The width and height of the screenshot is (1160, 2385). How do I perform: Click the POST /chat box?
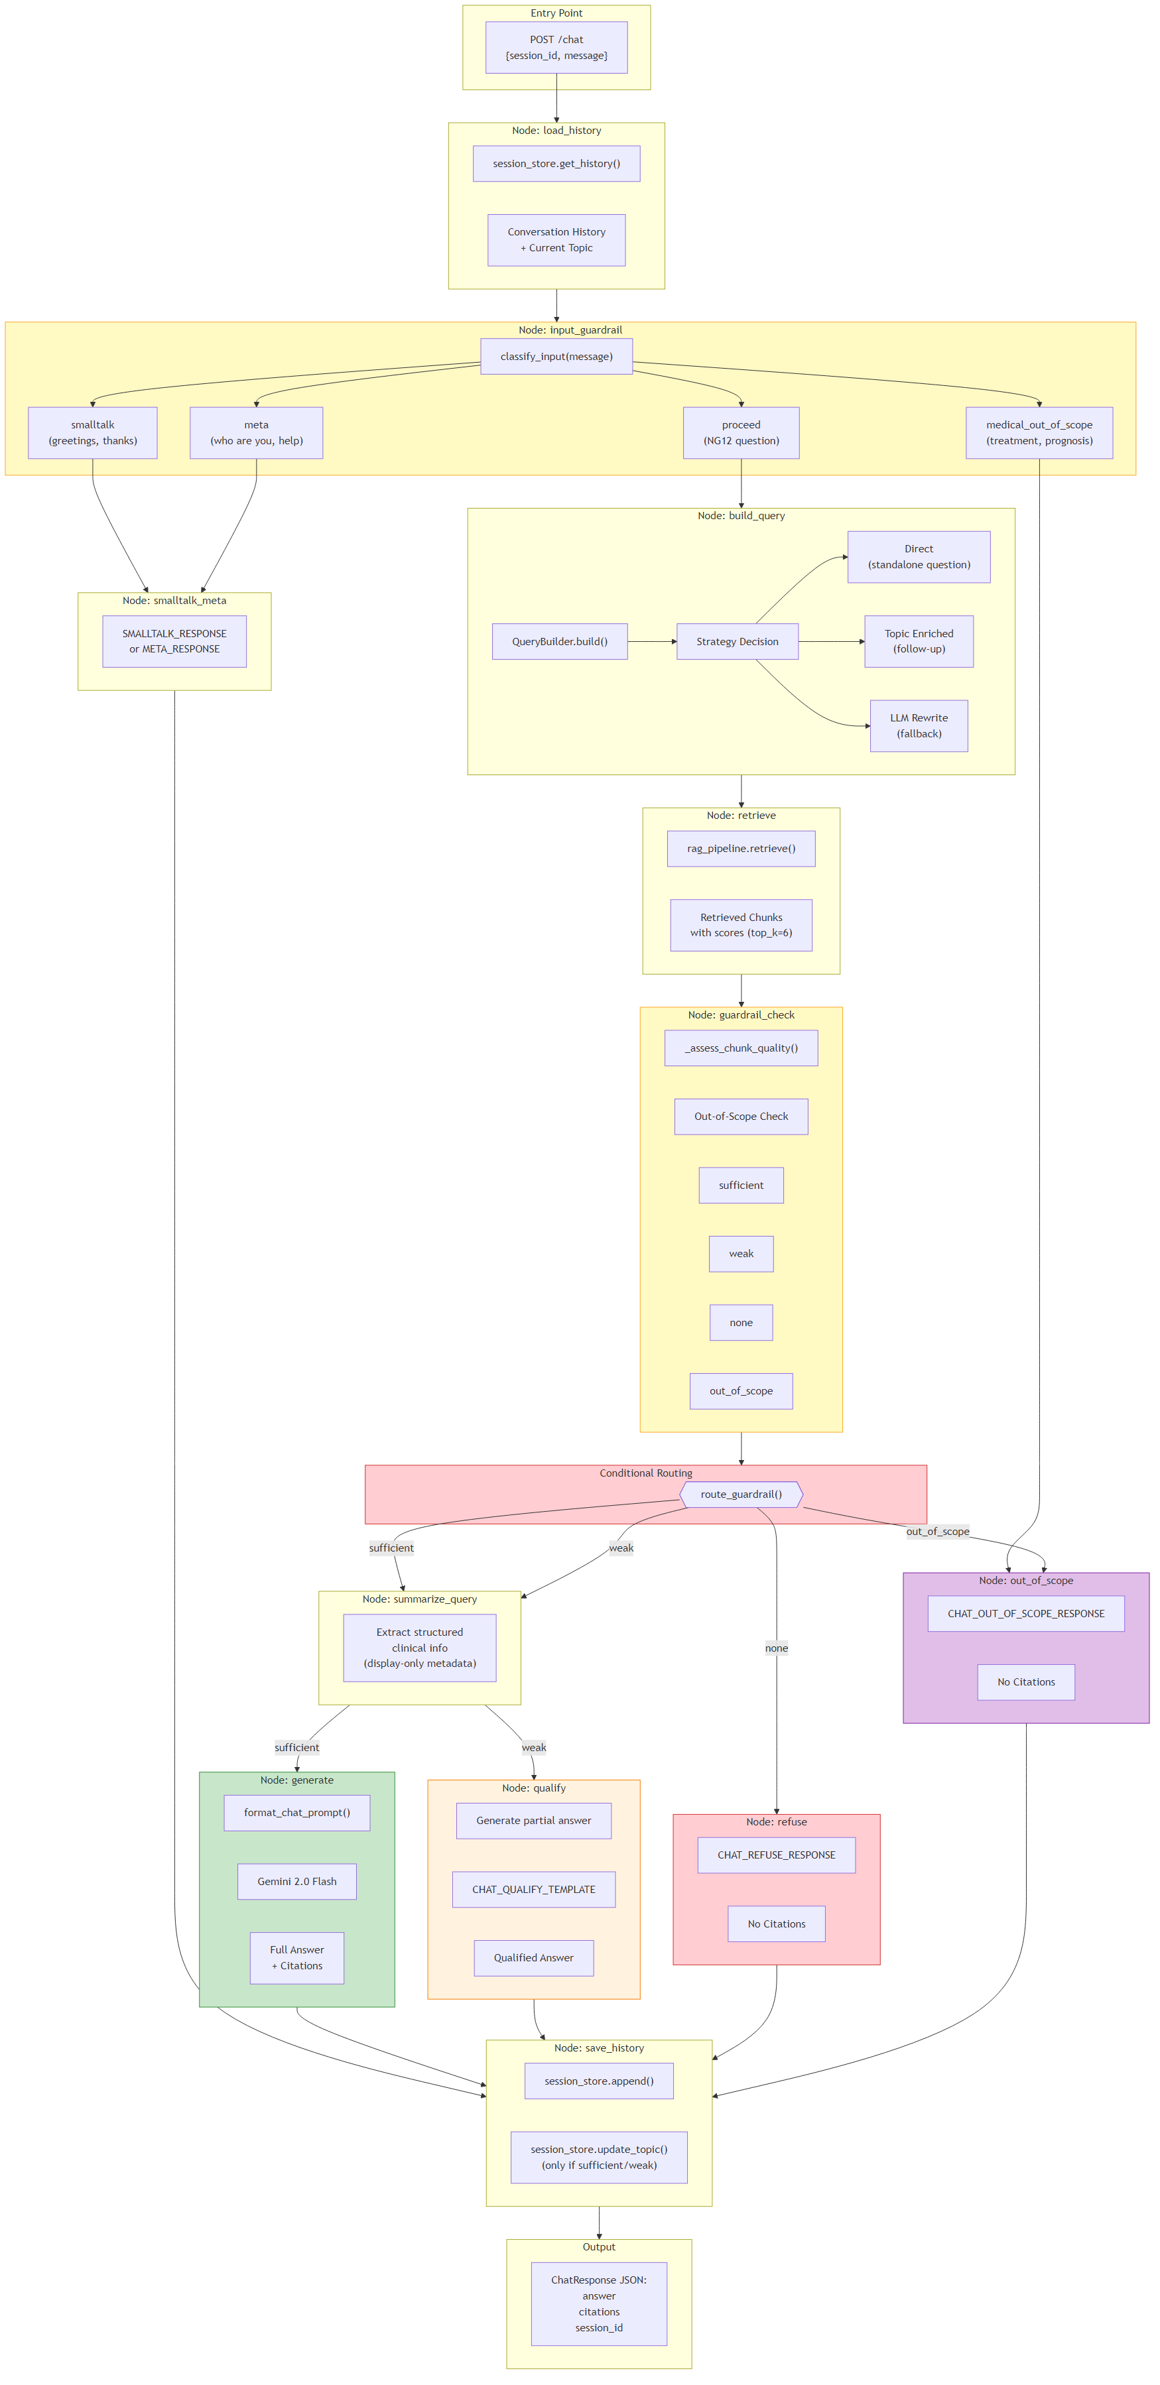(x=556, y=47)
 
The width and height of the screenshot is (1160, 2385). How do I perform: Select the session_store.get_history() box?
(x=556, y=164)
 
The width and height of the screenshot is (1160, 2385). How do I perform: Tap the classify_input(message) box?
(x=556, y=357)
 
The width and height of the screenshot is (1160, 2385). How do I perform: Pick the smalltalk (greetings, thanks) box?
(x=93, y=432)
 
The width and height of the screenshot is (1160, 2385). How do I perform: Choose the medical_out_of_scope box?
(x=1039, y=432)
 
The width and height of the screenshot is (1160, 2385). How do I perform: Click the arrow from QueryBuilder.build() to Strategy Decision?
(x=652, y=642)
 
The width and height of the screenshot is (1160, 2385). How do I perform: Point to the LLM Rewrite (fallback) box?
(x=919, y=726)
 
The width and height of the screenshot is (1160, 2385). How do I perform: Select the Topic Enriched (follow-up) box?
(x=919, y=642)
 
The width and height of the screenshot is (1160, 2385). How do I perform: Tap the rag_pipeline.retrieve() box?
(x=741, y=848)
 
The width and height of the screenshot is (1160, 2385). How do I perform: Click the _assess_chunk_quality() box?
(x=741, y=1048)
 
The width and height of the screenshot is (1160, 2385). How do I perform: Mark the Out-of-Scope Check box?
(x=741, y=1117)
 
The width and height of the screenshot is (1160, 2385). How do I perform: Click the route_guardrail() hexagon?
(x=741, y=1495)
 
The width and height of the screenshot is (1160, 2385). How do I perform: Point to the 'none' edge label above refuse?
(x=777, y=1648)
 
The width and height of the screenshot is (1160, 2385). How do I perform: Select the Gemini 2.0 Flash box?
(x=296, y=1881)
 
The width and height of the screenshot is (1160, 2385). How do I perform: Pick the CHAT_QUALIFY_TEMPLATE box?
(x=533, y=1890)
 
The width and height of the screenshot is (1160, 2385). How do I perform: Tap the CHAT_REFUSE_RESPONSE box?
(x=776, y=1855)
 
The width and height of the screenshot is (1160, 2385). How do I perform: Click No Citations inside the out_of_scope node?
(x=1026, y=1682)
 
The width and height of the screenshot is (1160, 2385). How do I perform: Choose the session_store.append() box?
(x=598, y=2081)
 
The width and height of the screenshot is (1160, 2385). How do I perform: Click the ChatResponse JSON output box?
(x=598, y=2303)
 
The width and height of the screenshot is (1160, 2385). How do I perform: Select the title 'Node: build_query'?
(x=741, y=516)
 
